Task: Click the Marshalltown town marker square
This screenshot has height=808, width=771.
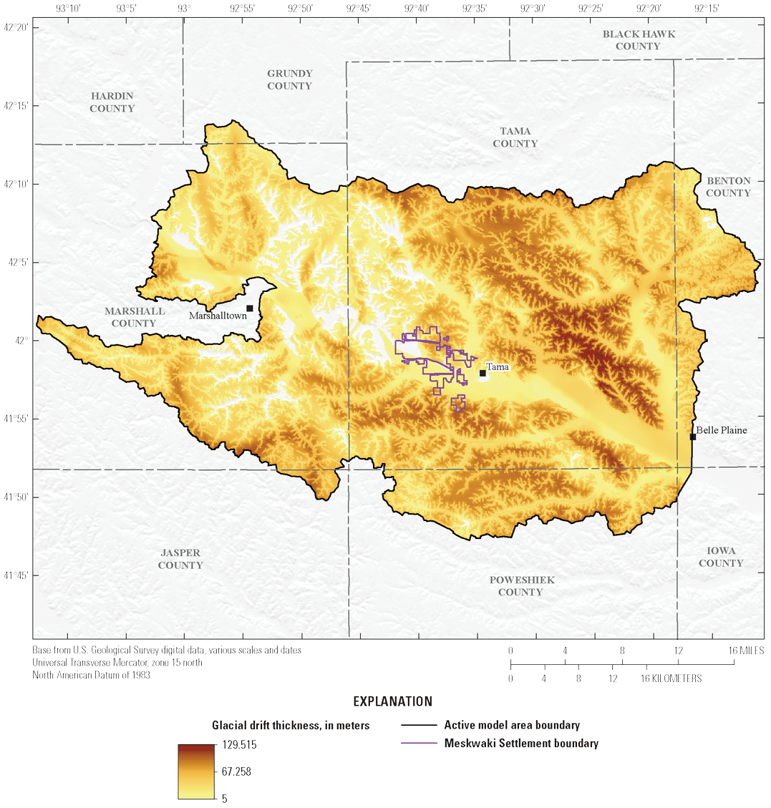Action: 250,308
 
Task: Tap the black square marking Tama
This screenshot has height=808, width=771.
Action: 483,373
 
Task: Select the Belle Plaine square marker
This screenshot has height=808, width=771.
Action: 693,437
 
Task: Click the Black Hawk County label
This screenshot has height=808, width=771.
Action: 639,40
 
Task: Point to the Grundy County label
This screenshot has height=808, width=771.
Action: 290,79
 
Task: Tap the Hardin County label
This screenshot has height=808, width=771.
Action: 112,102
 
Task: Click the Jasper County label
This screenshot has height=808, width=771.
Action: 180,559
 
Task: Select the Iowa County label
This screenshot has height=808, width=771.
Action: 721,557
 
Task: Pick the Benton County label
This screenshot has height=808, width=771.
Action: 728,187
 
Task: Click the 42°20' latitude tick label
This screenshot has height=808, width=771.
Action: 16,27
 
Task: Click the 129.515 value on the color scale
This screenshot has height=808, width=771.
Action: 240,745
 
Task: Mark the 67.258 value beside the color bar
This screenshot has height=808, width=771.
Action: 235,772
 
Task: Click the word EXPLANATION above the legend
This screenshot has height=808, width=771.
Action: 392,701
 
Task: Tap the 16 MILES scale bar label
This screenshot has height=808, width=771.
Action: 746,651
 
